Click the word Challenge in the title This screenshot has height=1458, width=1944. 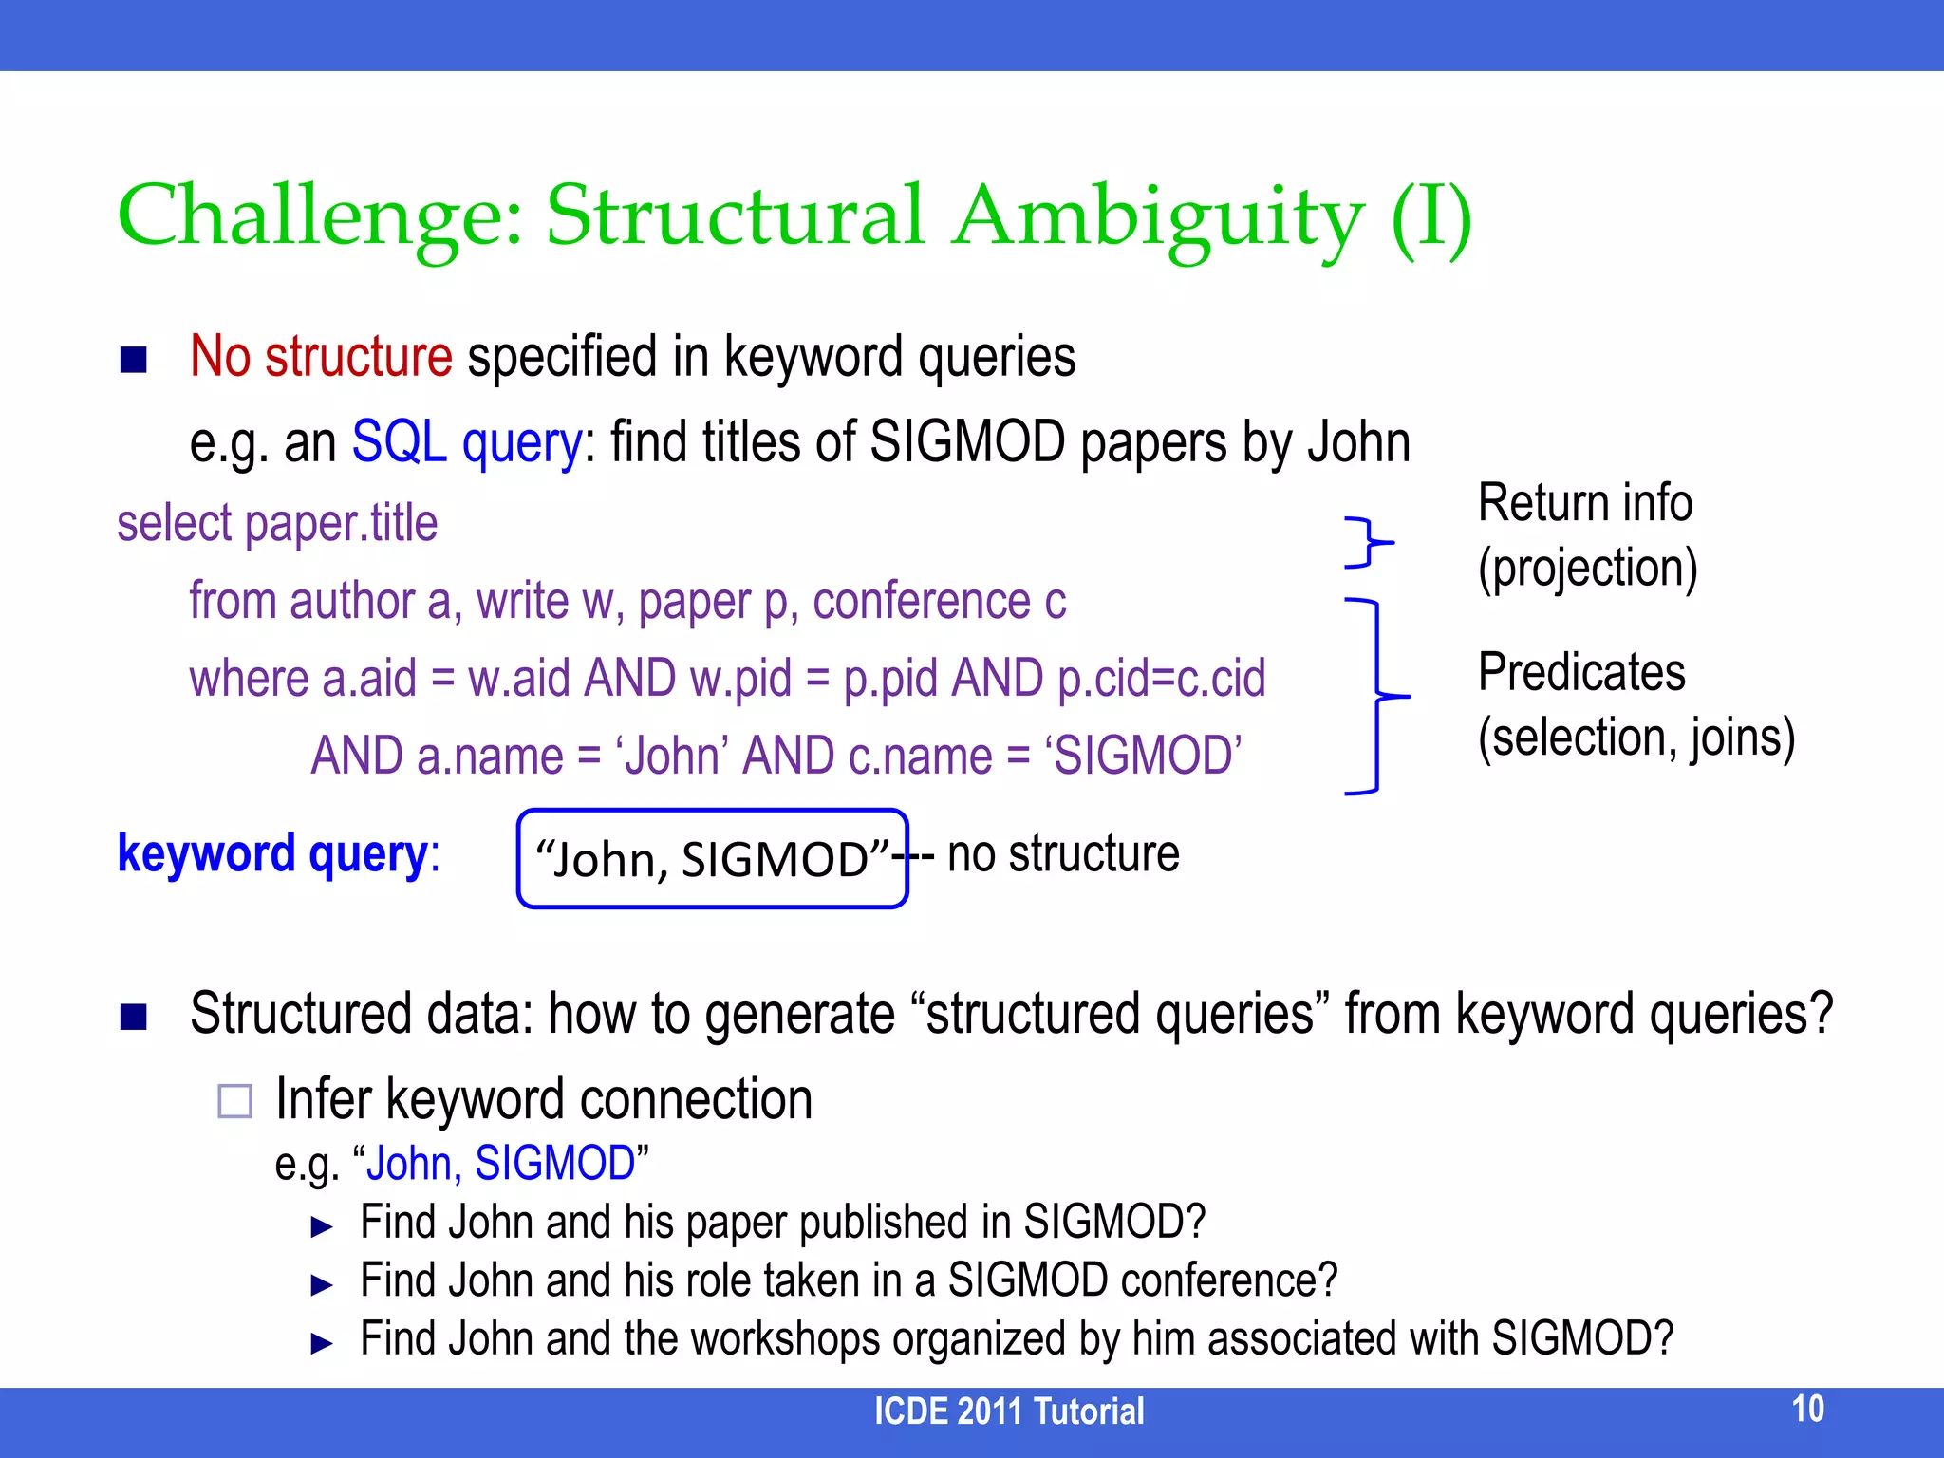coord(319,216)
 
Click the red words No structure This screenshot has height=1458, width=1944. coord(321,357)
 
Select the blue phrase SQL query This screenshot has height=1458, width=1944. coord(466,442)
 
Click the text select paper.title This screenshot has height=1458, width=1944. coord(277,524)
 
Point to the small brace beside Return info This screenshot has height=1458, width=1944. coord(1368,543)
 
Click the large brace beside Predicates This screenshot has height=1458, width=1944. coord(1379,696)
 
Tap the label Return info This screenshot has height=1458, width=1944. coord(1584,503)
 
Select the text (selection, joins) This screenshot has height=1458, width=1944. coord(1636,738)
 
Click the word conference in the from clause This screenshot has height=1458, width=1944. coord(921,602)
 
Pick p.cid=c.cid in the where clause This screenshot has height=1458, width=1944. coord(1161,679)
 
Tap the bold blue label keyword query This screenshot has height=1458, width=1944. coord(272,853)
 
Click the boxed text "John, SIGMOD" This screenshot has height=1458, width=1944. coord(712,859)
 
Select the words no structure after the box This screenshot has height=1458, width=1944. coord(1063,853)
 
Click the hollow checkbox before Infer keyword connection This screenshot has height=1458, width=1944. coord(234,1101)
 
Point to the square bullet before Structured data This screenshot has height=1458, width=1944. coord(134,1017)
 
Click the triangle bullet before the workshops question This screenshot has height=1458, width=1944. coord(322,1343)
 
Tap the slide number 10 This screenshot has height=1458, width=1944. coord(1807,1409)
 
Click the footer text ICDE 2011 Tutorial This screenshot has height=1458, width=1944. coord(1008,1411)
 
